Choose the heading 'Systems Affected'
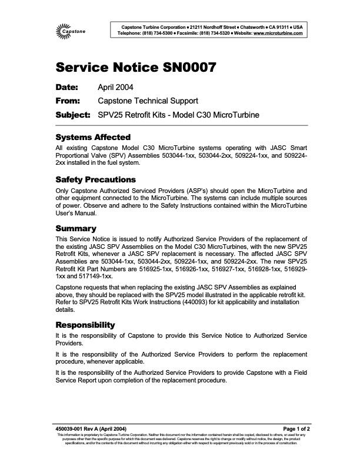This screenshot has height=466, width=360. point(92,137)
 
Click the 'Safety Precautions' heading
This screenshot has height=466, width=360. point(95,179)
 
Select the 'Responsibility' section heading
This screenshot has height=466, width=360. point(85,325)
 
